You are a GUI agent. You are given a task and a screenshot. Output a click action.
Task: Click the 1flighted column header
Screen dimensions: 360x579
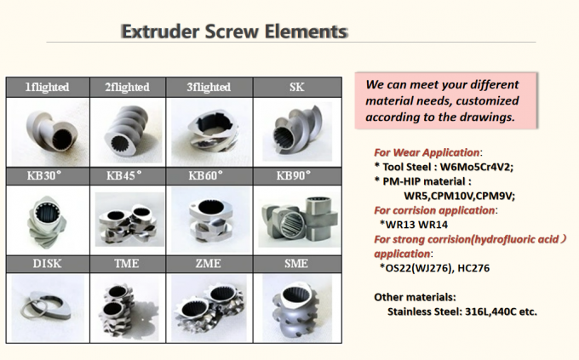tap(46, 88)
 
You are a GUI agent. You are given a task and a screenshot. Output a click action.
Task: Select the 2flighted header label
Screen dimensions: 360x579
tap(127, 88)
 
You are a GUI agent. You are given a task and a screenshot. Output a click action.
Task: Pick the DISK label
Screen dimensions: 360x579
tap(46, 265)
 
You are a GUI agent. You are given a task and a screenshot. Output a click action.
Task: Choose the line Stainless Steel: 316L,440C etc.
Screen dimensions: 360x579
tap(461, 311)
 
